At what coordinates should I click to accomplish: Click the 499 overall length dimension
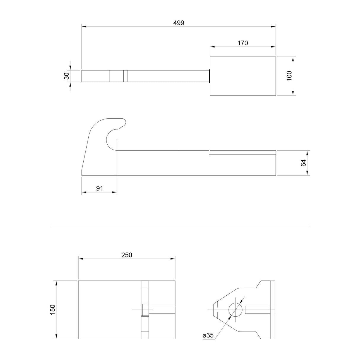pyautogui.click(x=179, y=23)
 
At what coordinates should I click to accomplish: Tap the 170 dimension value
pyautogui.click(x=243, y=43)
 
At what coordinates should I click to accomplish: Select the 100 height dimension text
pyautogui.click(x=289, y=76)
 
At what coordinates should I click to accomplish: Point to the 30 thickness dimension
pyautogui.click(x=66, y=76)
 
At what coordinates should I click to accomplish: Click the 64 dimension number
pyautogui.click(x=303, y=163)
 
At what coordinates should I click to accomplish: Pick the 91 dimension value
pyautogui.click(x=100, y=188)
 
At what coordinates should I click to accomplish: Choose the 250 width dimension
pyautogui.click(x=127, y=255)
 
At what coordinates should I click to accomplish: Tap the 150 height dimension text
pyautogui.click(x=53, y=309)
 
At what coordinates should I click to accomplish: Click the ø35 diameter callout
pyautogui.click(x=208, y=335)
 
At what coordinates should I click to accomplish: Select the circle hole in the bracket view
pyautogui.click(x=235, y=310)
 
